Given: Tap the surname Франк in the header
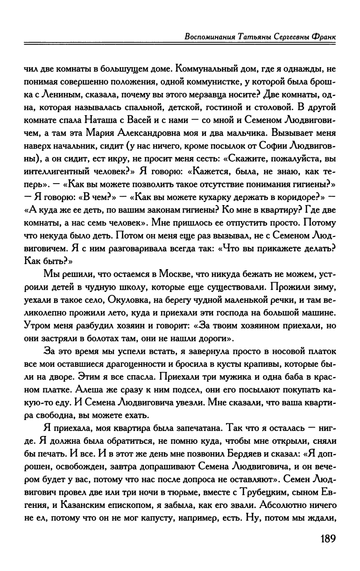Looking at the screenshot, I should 323,36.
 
